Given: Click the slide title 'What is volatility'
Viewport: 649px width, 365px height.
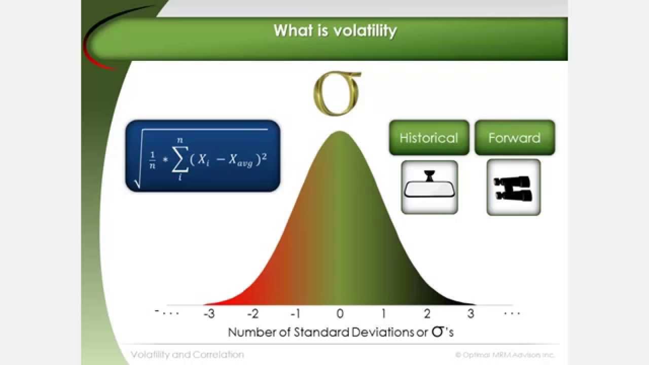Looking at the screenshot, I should [335, 30].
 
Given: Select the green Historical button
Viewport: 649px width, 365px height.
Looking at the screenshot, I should [429, 138].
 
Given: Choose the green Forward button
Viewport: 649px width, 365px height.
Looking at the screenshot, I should [514, 138].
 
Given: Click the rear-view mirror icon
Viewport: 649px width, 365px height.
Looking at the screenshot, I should [429, 187].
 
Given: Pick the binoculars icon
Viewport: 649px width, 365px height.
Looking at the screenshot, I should [514, 188].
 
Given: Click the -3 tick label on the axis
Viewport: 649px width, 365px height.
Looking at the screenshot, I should [209, 314].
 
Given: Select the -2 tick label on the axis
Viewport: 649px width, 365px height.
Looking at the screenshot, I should [253, 314].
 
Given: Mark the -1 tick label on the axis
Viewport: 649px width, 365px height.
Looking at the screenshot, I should [296, 314].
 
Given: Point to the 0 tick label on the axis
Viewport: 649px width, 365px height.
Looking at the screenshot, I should [340, 314].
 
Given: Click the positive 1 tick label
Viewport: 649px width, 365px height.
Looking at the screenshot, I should [383, 314].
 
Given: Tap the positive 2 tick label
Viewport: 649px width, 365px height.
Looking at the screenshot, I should [427, 314].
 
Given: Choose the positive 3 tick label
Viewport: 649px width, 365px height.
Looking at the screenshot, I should [471, 314].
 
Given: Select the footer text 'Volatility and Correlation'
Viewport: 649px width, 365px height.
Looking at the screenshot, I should [187, 355].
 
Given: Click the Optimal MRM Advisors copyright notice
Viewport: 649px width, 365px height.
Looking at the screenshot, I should [504, 355].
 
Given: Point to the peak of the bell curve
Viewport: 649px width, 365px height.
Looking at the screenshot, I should [340, 133].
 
